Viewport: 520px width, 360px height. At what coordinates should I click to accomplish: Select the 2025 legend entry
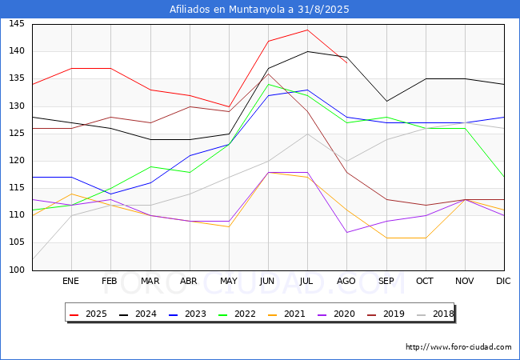(88, 314)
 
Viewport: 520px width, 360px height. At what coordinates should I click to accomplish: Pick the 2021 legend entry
(286, 314)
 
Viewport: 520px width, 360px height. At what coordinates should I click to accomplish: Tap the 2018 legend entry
(435, 314)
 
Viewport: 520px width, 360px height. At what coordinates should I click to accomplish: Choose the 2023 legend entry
(187, 314)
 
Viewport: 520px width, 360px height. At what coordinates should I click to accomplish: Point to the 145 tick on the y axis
(17, 23)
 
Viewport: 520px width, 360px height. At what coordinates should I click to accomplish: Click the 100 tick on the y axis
(17, 270)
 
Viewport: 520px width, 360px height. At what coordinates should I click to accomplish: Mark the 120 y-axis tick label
(17, 161)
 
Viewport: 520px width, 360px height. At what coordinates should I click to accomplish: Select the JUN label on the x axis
(267, 281)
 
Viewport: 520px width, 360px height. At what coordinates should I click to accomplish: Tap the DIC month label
(503, 281)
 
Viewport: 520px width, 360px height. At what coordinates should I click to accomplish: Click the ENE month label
(70, 281)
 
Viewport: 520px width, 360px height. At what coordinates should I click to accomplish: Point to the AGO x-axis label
(346, 281)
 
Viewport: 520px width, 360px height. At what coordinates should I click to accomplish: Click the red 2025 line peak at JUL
(308, 30)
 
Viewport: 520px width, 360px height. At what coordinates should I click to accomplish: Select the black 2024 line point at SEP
(386, 101)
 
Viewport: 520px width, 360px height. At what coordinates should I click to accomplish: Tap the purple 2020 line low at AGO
(347, 232)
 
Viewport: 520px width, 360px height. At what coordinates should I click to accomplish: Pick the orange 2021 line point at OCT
(426, 238)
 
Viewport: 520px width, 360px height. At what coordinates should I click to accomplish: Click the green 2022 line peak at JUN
(268, 84)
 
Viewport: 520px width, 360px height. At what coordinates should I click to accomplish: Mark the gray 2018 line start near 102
(33, 259)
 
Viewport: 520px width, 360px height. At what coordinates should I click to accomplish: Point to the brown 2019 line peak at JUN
(268, 74)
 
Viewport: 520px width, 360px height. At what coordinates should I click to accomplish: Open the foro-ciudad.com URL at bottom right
(458, 347)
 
